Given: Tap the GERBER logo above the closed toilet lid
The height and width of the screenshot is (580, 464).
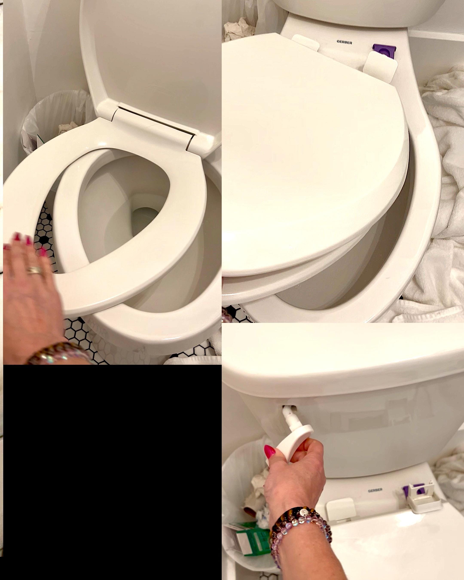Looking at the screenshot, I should click(344, 42).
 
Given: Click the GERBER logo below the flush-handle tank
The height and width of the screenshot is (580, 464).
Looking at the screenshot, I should click(375, 490).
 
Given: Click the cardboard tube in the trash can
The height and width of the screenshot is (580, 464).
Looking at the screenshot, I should click(249, 509).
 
